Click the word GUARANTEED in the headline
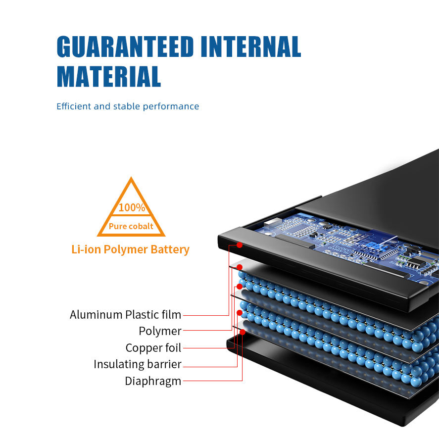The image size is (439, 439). tap(125, 47)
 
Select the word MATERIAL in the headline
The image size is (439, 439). tap(109, 76)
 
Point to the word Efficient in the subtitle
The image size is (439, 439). tap(73, 106)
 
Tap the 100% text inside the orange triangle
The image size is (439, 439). tap(132, 207)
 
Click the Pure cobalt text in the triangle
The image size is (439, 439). tap(131, 227)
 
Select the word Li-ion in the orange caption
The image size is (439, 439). tap(85, 249)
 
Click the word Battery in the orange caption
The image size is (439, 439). tap(171, 249)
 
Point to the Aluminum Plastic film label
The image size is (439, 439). tap(125, 315)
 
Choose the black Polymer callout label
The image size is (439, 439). tap(160, 331)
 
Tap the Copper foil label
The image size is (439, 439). tap(153, 348)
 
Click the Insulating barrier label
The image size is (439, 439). tap(138, 365)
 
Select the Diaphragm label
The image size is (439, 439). tap(153, 381)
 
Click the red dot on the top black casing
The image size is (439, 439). tap(240, 244)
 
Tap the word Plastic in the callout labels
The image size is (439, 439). tap(143, 315)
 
